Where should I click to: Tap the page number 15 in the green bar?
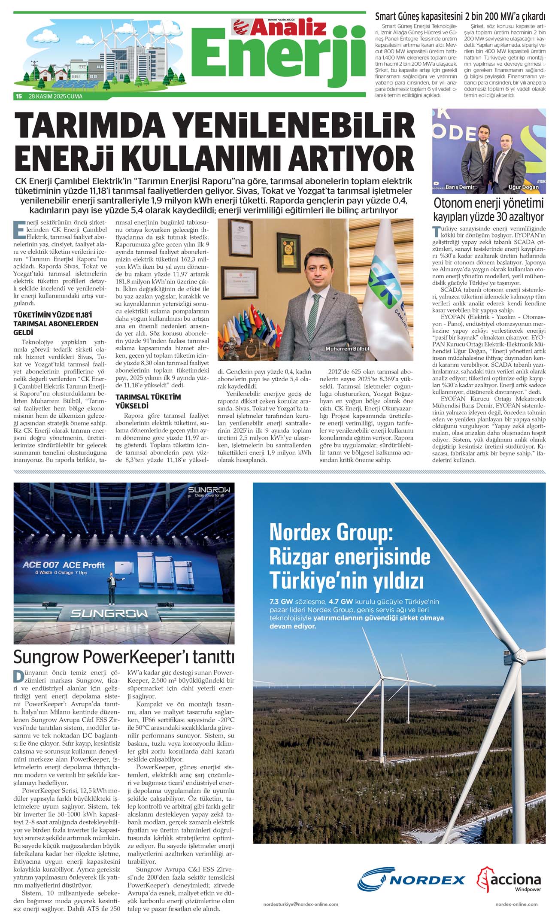point(18,96)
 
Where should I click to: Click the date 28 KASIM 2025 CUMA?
point(55,96)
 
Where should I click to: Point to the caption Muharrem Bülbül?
point(347,349)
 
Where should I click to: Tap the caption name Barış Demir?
point(460,187)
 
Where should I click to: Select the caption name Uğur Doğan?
point(523,187)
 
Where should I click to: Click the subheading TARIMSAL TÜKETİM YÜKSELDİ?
point(148,401)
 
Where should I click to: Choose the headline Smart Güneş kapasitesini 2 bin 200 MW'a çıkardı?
point(460,17)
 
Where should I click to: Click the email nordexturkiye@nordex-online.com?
point(300,904)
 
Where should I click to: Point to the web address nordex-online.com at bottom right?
point(516,904)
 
